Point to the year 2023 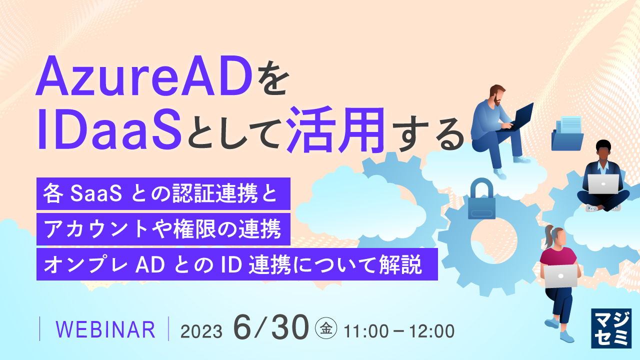201,331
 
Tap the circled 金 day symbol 326,329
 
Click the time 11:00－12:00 398,331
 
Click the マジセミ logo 610,328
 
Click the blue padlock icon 481,200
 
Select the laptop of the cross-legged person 603,184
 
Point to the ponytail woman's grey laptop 560,275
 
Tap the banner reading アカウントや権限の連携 163,229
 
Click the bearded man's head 497,94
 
